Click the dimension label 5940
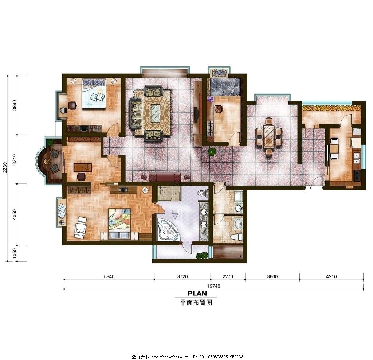click(x=109, y=277)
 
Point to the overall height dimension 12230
click(x=4, y=169)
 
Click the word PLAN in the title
click(x=197, y=293)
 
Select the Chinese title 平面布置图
click(x=196, y=302)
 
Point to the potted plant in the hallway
click(x=211, y=152)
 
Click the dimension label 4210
click(x=331, y=277)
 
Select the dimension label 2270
click(x=228, y=277)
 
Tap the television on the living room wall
click(x=196, y=114)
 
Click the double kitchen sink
click(x=357, y=158)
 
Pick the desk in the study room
click(x=83, y=167)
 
